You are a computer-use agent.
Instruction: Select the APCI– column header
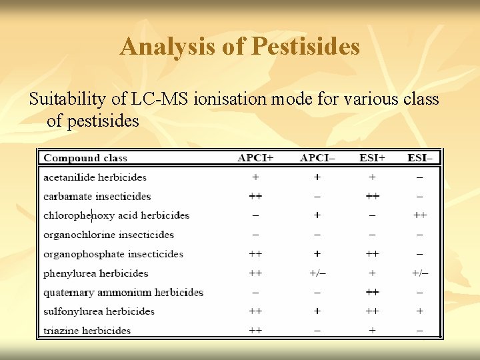click(x=317, y=158)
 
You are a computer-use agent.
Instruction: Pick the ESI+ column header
click(x=372, y=158)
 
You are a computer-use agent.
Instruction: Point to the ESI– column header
click(x=419, y=158)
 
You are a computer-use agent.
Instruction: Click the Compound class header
click(x=85, y=158)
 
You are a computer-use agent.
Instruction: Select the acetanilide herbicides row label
click(x=95, y=177)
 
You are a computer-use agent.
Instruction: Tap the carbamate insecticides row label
click(x=97, y=197)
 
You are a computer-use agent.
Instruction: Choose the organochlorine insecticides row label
click(x=109, y=235)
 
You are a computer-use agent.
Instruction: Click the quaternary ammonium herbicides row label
click(x=123, y=292)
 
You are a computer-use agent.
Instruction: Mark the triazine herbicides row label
click(x=87, y=331)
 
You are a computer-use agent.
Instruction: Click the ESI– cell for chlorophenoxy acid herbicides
click(x=419, y=215)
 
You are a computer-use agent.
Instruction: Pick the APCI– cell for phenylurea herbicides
click(x=317, y=273)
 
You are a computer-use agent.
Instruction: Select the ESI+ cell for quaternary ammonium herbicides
click(x=372, y=292)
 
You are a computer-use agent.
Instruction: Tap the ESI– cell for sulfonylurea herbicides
click(x=419, y=311)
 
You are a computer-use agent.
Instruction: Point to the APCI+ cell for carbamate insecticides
click(x=255, y=197)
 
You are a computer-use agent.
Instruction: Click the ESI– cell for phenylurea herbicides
click(x=419, y=273)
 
